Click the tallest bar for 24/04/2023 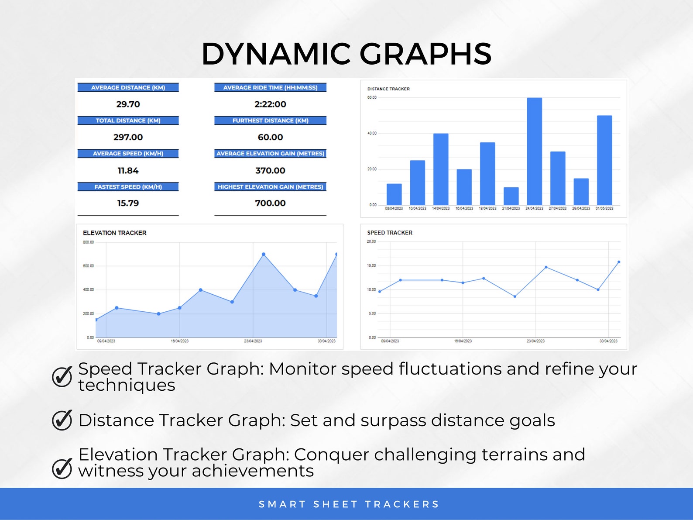[534, 151]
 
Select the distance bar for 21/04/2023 [511, 196]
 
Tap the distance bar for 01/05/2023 [604, 160]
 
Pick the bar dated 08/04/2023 [394, 194]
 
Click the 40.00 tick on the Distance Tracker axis [372, 133]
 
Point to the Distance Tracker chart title [388, 89]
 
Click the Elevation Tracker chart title [115, 233]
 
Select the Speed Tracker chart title [390, 233]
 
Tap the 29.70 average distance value [128, 104]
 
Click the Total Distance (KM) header [128, 121]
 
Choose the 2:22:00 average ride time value [270, 104]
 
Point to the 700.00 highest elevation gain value [270, 203]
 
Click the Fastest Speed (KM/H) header [128, 187]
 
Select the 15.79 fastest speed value [128, 203]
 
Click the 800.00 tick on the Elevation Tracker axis [88, 242]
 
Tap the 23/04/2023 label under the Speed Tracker [535, 341]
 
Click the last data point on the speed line [619, 262]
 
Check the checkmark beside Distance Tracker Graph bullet [62, 420]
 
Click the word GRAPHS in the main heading [425, 54]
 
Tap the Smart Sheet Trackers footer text [349, 504]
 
